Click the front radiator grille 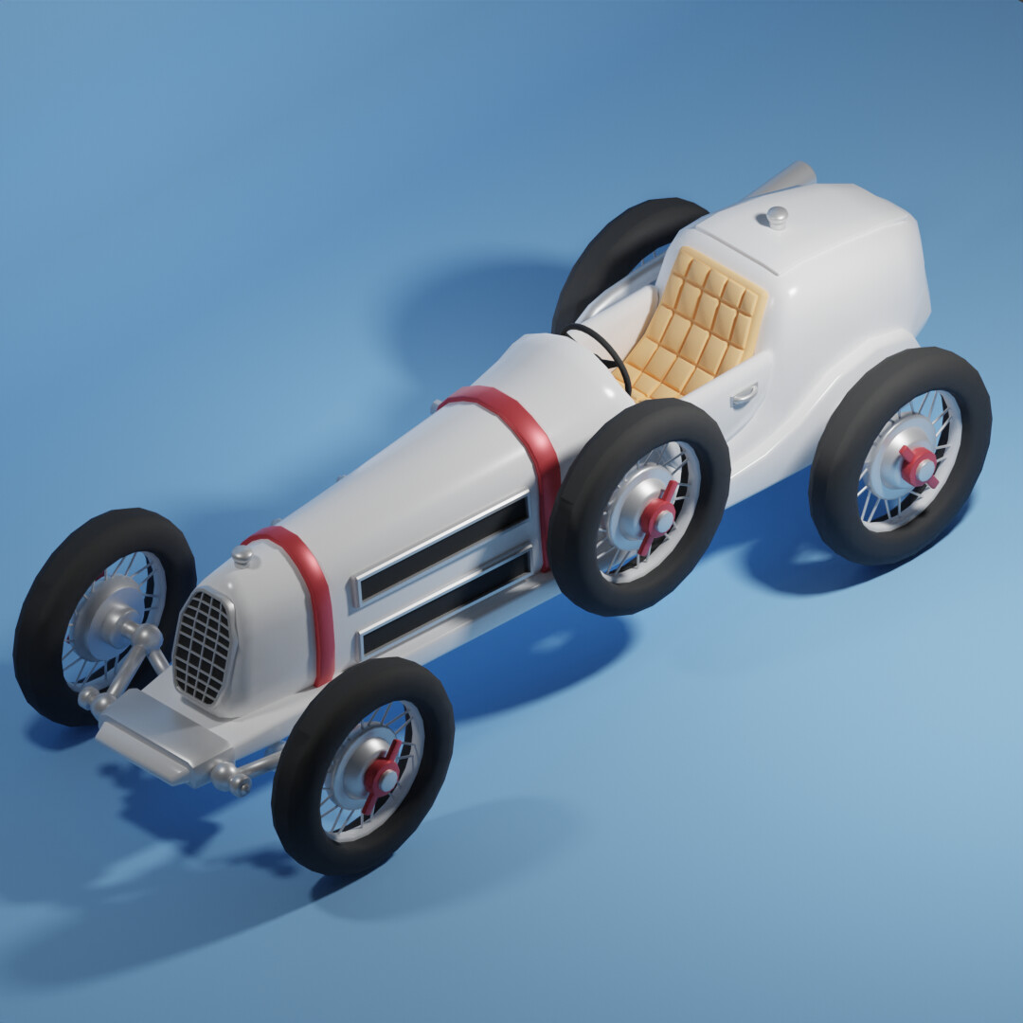point(203,648)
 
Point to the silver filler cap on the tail point(776,217)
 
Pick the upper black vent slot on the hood point(443,547)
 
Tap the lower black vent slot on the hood point(445,602)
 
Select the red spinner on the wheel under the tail point(917,465)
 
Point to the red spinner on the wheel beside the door point(657,516)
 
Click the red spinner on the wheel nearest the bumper point(382,777)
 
